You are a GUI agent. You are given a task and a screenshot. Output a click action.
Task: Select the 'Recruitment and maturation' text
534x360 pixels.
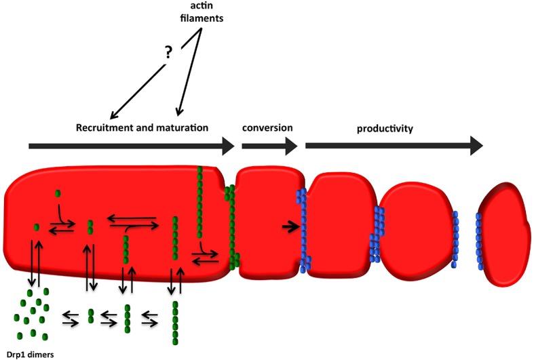(x=141, y=127)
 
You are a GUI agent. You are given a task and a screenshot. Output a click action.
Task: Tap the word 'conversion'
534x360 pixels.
(x=267, y=127)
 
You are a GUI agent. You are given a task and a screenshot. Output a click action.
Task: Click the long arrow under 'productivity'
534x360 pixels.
(x=394, y=145)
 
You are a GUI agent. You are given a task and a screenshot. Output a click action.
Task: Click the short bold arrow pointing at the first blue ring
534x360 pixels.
(x=290, y=226)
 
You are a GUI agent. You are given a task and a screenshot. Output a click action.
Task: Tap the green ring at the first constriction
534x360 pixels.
(x=232, y=224)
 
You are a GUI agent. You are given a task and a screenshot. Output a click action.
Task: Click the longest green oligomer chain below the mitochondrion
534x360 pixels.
(x=176, y=323)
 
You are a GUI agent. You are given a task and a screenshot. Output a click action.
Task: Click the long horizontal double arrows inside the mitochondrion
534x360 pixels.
(x=134, y=222)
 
